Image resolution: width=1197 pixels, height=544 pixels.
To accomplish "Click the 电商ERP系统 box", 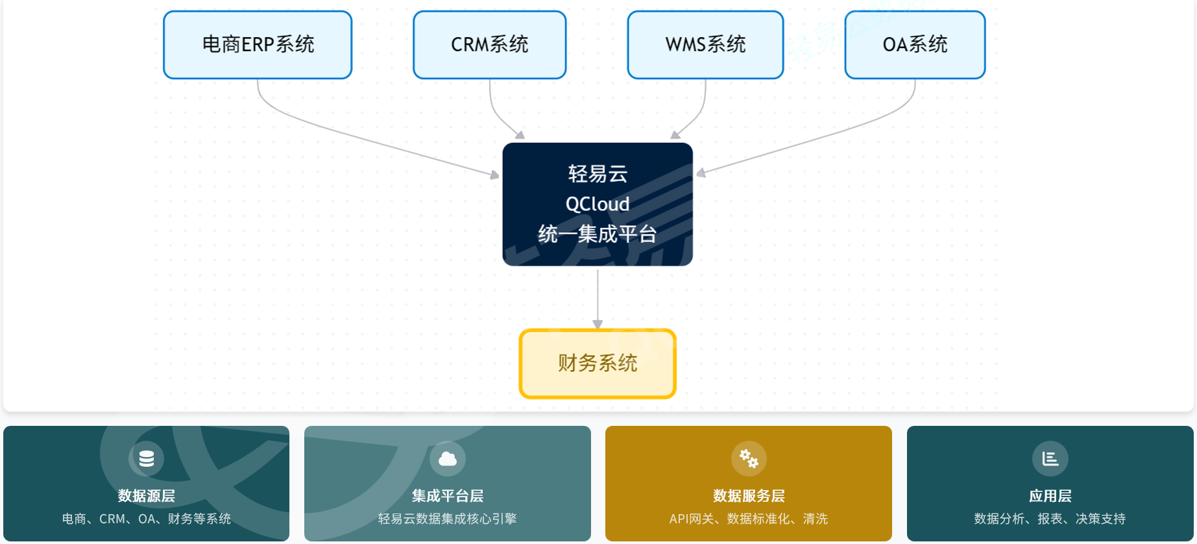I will [x=258, y=45].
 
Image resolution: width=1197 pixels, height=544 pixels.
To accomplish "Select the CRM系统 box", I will [x=489, y=45].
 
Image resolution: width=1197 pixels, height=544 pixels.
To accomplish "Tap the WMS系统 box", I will [x=705, y=45].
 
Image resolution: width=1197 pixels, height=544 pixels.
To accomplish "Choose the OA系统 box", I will [x=915, y=45].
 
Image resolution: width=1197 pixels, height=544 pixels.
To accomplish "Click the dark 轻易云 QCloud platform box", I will [x=598, y=204].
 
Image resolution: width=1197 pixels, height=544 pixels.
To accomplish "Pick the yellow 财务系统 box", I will [x=598, y=364].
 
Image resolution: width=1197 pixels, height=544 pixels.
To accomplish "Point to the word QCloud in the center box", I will [x=598, y=204].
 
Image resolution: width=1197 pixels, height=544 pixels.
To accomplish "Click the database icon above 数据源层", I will [x=147, y=458].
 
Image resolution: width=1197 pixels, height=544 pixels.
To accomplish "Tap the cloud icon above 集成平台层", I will [x=448, y=459].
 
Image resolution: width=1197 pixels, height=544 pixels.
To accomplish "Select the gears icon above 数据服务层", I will [x=749, y=459].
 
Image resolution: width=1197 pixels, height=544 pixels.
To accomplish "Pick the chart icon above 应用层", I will [x=1050, y=459].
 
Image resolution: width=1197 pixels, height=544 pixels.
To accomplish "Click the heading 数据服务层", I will [x=749, y=496].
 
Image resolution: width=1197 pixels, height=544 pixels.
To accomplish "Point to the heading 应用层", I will [x=1050, y=496].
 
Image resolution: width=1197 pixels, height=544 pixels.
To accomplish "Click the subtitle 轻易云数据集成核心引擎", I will [x=448, y=519].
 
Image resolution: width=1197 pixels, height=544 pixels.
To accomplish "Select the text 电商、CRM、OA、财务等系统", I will [x=147, y=519].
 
